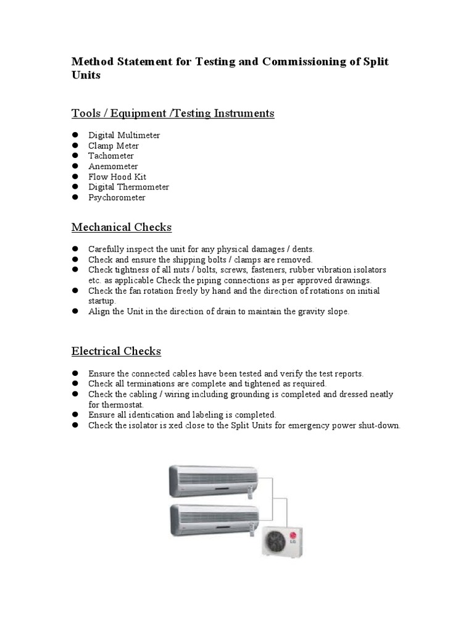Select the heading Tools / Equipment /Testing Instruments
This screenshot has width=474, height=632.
(173, 114)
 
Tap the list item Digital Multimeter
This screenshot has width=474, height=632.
(124, 135)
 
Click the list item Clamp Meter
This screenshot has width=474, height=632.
(114, 146)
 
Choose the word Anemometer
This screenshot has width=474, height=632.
(113, 167)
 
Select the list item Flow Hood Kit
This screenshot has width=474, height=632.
(117, 177)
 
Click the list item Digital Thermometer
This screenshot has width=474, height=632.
(128, 187)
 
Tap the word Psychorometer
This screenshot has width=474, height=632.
(117, 197)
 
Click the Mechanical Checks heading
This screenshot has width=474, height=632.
(122, 227)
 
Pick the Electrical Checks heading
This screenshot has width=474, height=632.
(116, 351)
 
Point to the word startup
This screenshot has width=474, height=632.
(101, 301)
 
